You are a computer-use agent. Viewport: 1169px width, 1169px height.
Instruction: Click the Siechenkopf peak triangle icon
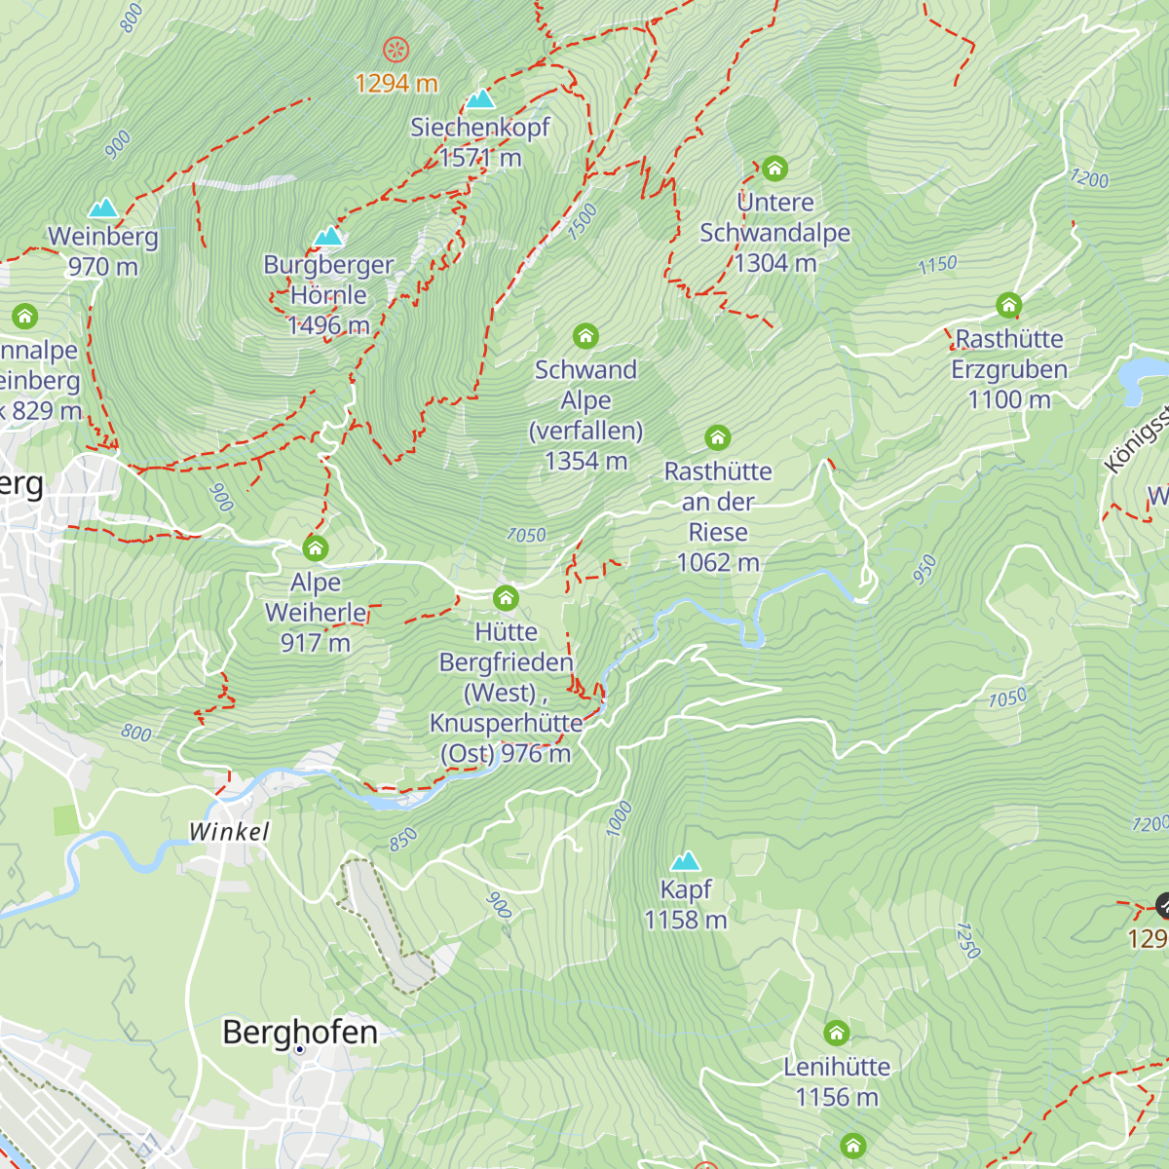coord(479,99)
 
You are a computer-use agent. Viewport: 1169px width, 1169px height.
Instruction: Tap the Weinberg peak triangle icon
coord(103,208)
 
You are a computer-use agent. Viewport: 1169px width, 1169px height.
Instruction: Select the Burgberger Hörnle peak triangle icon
coord(328,237)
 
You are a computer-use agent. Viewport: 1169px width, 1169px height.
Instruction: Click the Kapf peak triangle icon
coord(686,861)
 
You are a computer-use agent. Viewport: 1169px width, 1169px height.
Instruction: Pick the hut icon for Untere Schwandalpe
coord(774,169)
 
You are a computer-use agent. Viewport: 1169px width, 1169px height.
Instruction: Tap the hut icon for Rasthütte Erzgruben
coord(1009,305)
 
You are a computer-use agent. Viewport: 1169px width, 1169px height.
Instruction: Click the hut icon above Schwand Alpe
coord(585,336)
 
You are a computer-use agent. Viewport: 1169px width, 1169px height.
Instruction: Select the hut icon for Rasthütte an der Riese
coord(718,437)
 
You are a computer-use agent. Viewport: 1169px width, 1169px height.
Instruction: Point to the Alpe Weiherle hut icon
coord(316,547)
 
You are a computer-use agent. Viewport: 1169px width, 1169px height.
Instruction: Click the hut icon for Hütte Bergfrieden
coord(506,597)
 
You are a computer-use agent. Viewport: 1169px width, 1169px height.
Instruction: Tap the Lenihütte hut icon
coord(837,1033)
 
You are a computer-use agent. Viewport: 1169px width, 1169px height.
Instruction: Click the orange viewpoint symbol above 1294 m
coord(396,50)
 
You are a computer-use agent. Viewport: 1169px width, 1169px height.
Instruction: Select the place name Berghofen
coord(300,1032)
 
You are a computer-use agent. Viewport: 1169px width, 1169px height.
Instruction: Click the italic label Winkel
coord(229,832)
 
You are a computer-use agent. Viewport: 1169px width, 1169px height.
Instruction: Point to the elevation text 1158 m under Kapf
coord(686,920)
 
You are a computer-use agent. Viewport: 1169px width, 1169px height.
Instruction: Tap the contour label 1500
coord(582,222)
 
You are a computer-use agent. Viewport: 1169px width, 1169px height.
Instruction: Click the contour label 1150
coord(937,265)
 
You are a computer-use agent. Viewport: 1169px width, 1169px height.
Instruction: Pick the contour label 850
coord(403,839)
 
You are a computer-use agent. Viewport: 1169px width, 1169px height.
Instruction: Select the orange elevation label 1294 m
coord(396,84)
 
